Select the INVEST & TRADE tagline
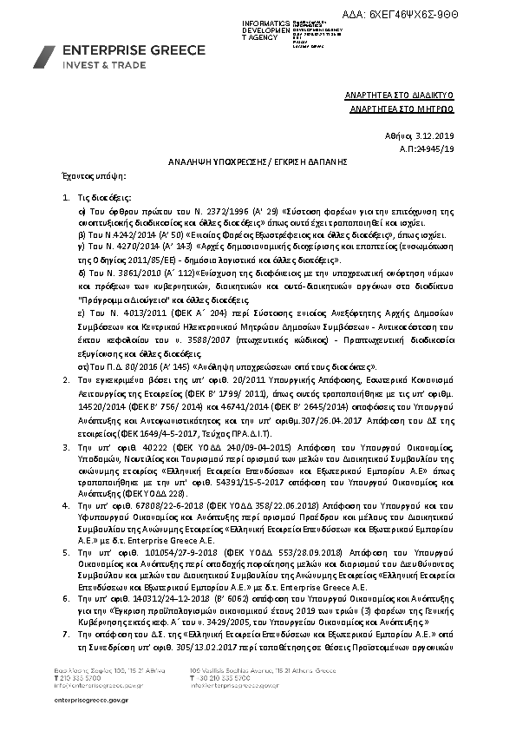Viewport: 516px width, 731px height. pos(96,65)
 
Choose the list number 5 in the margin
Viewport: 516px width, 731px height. pos(67,551)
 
